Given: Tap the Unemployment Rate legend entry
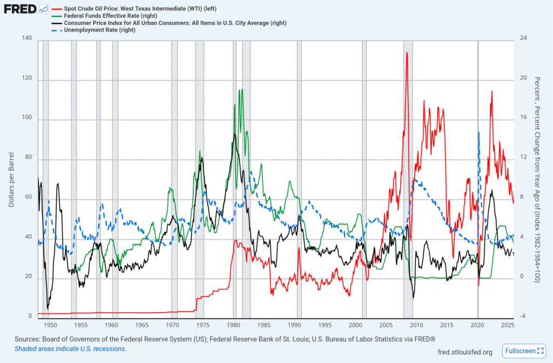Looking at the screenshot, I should pyautogui.click(x=99, y=30).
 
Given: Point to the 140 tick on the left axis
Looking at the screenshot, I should pyautogui.click(x=27, y=40).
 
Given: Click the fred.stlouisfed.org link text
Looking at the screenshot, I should pyautogui.click(x=465, y=352).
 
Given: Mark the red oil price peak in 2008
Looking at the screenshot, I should pyautogui.click(x=407, y=53).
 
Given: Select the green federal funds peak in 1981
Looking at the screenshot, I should pyautogui.click(x=240, y=90).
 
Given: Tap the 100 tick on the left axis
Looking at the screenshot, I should pyautogui.click(x=27, y=119).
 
